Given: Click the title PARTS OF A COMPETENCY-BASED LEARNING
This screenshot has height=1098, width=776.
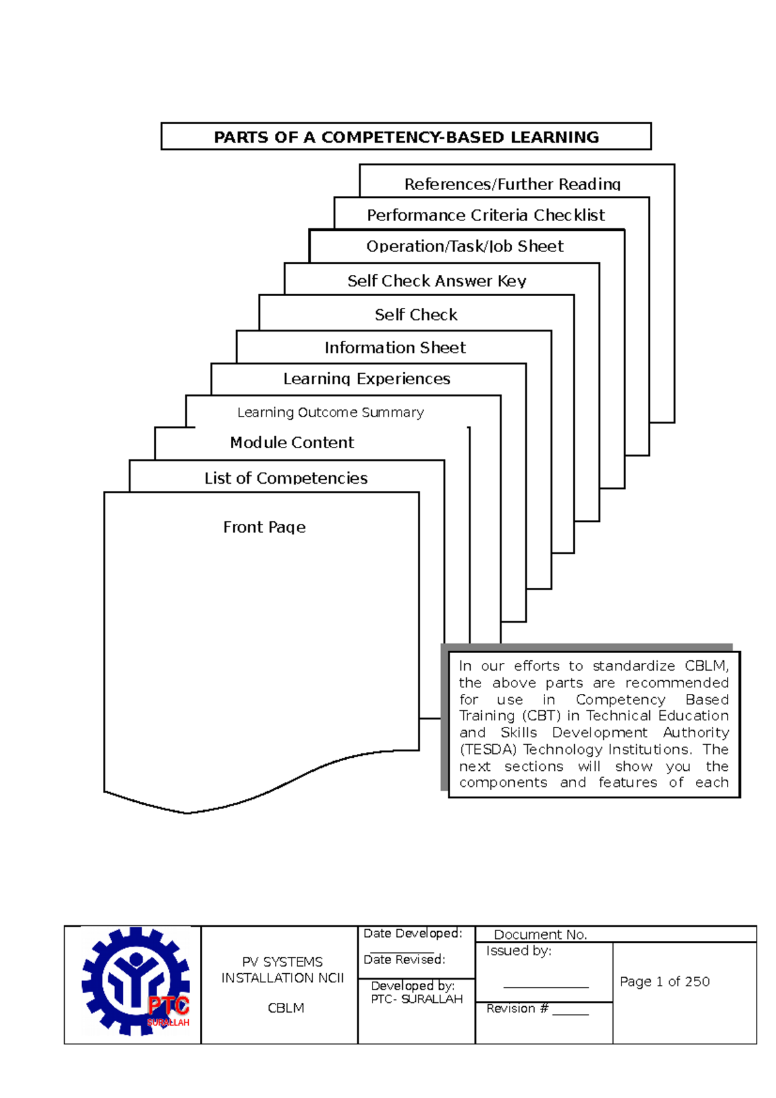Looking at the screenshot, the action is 406,137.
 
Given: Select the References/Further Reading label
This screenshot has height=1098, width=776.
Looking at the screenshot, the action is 512,184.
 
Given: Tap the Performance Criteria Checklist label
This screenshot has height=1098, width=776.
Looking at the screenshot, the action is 486,215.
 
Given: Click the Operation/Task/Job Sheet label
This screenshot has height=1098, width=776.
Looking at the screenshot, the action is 465,246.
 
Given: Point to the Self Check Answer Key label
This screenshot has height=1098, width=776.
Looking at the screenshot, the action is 436,281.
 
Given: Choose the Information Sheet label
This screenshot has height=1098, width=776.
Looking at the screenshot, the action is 395,348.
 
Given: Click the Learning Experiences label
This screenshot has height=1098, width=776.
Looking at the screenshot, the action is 367,379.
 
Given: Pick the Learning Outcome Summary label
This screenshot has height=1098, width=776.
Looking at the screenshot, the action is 330,413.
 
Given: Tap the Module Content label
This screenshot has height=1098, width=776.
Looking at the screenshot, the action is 292,443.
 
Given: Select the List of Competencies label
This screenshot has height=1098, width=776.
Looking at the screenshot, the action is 286,479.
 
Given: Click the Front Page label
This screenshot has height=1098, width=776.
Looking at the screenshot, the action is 264,528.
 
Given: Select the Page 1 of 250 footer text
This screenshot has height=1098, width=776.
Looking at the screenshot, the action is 664,982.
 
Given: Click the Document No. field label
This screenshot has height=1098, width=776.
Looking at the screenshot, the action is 540,934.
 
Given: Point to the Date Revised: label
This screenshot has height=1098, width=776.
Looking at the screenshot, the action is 404,960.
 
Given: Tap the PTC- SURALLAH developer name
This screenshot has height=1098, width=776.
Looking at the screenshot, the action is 416,999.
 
